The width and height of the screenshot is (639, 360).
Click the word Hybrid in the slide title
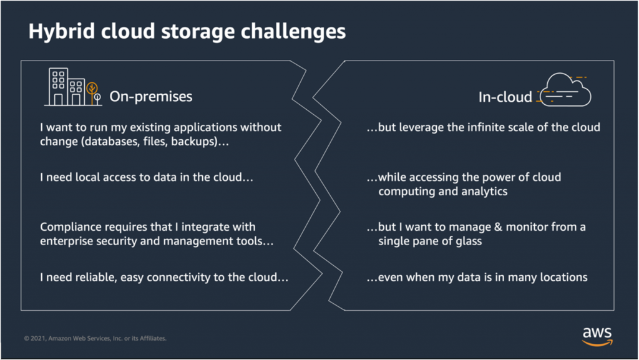[57, 32]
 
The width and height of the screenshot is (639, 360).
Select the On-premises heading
[151, 96]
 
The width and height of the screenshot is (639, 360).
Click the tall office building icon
[59, 87]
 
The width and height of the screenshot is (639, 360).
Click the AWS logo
[597, 334]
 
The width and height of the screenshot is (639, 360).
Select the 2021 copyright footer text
[95, 339]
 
